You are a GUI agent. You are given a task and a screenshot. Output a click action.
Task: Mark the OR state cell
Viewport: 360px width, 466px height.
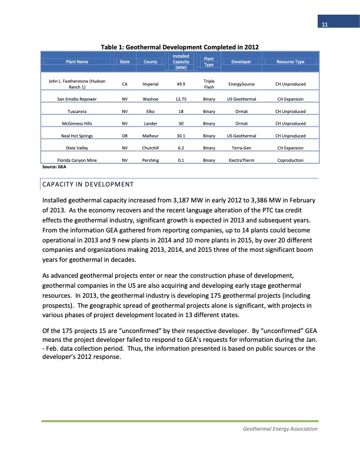click(x=125, y=135)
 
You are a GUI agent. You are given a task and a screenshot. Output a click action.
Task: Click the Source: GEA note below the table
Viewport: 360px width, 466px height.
click(x=52, y=167)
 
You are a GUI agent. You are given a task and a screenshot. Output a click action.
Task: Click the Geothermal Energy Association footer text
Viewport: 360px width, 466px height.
click(x=280, y=429)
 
